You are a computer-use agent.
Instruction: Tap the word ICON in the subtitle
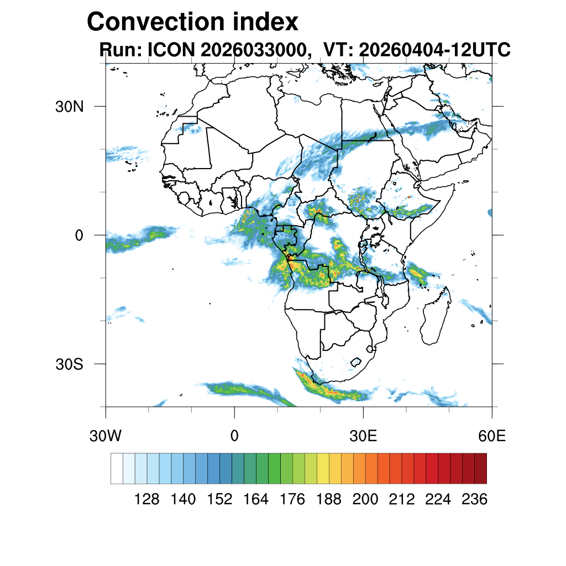pos(171,49)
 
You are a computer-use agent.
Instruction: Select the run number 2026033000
pos(254,49)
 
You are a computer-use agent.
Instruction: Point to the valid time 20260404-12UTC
pos(434,49)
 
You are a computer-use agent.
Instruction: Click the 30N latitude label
pos(69,107)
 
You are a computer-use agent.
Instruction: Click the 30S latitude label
pos(69,364)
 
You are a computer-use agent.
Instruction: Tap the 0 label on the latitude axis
pos(79,235)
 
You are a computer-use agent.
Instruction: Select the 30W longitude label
pos(106,436)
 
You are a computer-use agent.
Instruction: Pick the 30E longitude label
pos(363,436)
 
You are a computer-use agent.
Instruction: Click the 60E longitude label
pos(492,436)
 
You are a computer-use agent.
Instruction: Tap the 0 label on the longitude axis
pos(234,436)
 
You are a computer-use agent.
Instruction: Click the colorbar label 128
pos(146,499)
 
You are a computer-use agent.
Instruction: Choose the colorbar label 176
pos(292,499)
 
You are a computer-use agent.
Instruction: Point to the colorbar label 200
pos(365,499)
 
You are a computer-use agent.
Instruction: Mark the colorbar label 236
pos(475,499)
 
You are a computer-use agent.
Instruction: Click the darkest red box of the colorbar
pos(481,469)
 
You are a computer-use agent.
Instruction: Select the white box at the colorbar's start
pos(117,469)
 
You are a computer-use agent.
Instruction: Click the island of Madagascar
pos(436,316)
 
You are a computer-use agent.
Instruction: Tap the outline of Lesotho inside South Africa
pos(357,362)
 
